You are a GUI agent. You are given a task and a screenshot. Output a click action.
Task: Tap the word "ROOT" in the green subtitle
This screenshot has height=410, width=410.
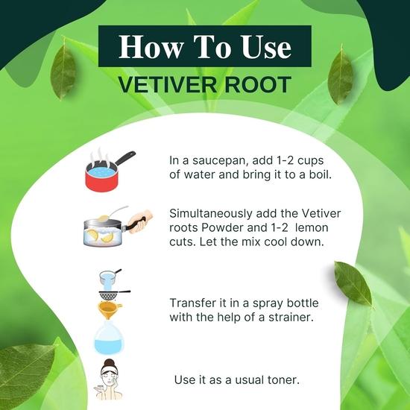point(258,83)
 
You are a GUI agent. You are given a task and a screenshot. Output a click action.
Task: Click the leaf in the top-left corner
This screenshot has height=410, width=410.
point(65,71)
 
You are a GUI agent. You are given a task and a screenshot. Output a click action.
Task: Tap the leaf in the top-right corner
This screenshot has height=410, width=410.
point(340,75)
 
